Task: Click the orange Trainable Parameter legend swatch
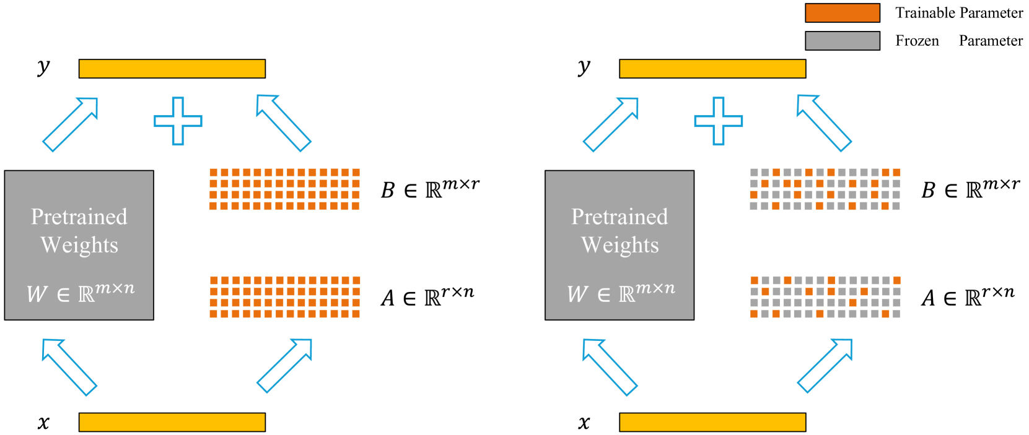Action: pyautogui.click(x=842, y=13)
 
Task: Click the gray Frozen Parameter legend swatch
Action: pyautogui.click(x=842, y=41)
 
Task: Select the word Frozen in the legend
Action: pyautogui.click(x=917, y=41)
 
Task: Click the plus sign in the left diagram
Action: pyautogui.click(x=178, y=121)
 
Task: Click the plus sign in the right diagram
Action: pyautogui.click(x=718, y=121)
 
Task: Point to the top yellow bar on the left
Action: pyautogui.click(x=172, y=69)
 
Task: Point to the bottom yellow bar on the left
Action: pyautogui.click(x=172, y=422)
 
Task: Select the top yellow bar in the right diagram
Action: pyautogui.click(x=712, y=69)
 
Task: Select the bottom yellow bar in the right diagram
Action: pyautogui.click(x=712, y=422)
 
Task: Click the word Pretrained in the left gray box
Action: pyautogui.click(x=79, y=217)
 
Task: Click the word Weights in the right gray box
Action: pyautogui.click(x=620, y=245)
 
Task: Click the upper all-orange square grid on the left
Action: pyautogui.click(x=284, y=189)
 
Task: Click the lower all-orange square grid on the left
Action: pyautogui.click(x=284, y=297)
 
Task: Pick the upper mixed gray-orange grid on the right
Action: pyautogui.click(x=825, y=189)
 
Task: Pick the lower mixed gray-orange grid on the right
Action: pyautogui.click(x=825, y=297)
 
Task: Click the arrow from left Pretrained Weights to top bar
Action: pyautogui.click(x=71, y=124)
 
